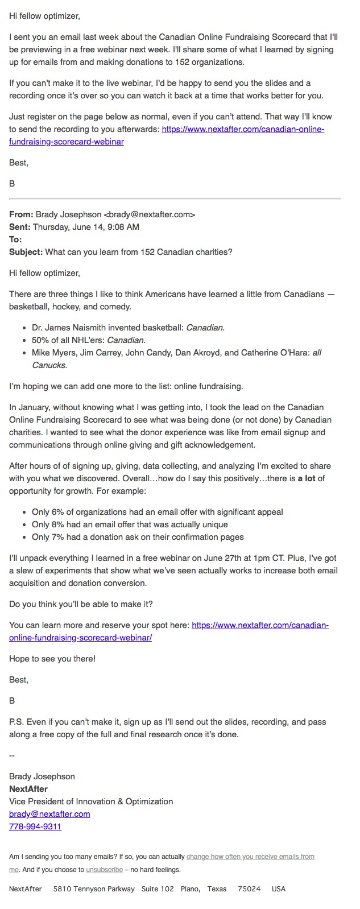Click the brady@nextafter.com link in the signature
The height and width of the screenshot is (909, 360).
pos(49,814)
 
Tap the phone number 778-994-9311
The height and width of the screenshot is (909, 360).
pos(35,827)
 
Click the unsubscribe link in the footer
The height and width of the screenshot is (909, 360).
pos(104,870)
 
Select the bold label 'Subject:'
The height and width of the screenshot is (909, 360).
pos(26,252)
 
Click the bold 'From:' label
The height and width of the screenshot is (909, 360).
pos(21,214)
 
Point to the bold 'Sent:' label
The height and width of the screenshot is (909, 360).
pos(20,227)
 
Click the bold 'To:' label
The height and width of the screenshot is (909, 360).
pos(15,239)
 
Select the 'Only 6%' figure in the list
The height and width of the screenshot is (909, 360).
pos(49,512)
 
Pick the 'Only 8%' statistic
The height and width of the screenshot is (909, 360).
pos(49,524)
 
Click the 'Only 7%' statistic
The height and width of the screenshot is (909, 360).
pos(49,537)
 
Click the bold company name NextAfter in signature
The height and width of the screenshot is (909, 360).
pos(28,789)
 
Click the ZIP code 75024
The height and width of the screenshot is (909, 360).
pos(249,889)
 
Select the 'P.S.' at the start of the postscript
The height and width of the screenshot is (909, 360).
pos(16,722)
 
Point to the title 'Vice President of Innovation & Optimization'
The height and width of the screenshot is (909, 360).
pos(91,801)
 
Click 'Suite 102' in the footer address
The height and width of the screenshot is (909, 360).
pos(158,889)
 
